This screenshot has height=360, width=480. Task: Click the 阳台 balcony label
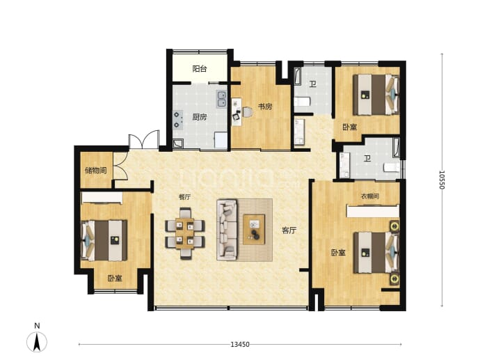[x=200, y=69]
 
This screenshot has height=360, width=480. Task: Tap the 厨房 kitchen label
[x=200, y=117]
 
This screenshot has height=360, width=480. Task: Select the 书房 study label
[x=265, y=107]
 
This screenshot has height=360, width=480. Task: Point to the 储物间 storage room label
[x=96, y=171]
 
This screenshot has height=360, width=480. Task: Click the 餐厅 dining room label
[x=184, y=197]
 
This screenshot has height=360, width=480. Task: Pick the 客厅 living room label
[x=289, y=230]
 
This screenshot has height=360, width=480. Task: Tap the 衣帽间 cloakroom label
[x=370, y=196]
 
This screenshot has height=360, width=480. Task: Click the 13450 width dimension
[x=240, y=345]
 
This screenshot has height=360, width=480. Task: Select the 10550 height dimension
[x=442, y=180]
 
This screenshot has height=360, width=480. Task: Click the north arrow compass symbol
[x=37, y=341]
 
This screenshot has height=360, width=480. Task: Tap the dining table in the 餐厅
[x=185, y=233]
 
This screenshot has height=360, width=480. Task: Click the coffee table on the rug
[x=254, y=230]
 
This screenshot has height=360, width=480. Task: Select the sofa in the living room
[x=227, y=230]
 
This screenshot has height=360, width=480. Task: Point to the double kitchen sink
[x=221, y=99]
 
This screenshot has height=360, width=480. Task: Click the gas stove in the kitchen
[x=178, y=120]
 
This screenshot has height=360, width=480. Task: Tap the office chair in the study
[x=248, y=112]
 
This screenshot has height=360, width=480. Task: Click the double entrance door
[x=143, y=140]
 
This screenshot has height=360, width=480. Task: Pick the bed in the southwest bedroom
[x=104, y=240]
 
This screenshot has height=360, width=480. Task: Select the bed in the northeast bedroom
[x=376, y=95]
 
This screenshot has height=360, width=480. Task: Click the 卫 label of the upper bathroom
[x=312, y=84]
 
